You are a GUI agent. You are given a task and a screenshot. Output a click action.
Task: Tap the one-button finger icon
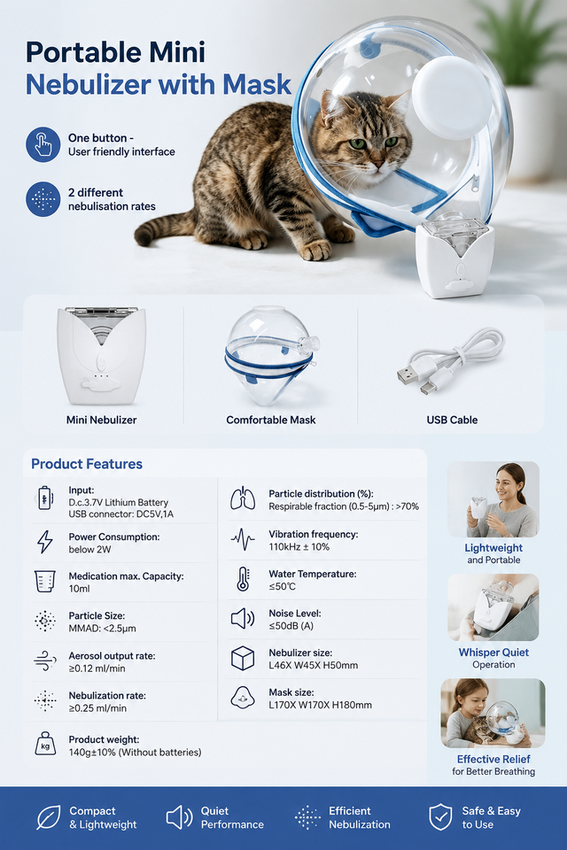point(43,144)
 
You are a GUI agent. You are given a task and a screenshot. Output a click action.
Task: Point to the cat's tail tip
point(141,236)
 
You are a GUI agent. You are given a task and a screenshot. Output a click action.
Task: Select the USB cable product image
point(450,361)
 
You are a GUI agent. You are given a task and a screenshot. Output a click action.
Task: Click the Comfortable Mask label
point(271,420)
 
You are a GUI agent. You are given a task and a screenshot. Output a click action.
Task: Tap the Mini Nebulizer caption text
point(102,420)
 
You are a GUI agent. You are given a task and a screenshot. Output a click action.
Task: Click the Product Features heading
point(87,464)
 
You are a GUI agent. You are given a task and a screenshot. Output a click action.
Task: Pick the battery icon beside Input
point(44,498)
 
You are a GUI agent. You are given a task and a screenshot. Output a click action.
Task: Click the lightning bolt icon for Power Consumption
point(44,542)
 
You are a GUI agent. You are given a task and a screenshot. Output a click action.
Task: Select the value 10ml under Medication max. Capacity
point(79,589)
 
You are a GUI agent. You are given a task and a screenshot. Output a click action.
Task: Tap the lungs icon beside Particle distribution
point(243,498)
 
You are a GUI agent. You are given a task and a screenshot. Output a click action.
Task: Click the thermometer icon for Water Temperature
point(243,579)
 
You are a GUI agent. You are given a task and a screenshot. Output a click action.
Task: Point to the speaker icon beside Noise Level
point(243,619)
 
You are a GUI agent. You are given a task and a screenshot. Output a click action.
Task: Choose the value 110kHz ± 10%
point(299,547)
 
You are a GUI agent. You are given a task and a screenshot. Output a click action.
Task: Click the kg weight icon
point(45,745)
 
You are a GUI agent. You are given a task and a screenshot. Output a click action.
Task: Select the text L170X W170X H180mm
point(320,706)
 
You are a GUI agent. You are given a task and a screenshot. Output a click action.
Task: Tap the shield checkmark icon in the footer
point(440,817)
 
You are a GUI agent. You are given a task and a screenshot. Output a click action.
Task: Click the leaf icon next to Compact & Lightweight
point(49,817)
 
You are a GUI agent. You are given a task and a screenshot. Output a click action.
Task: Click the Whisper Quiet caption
point(493,653)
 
